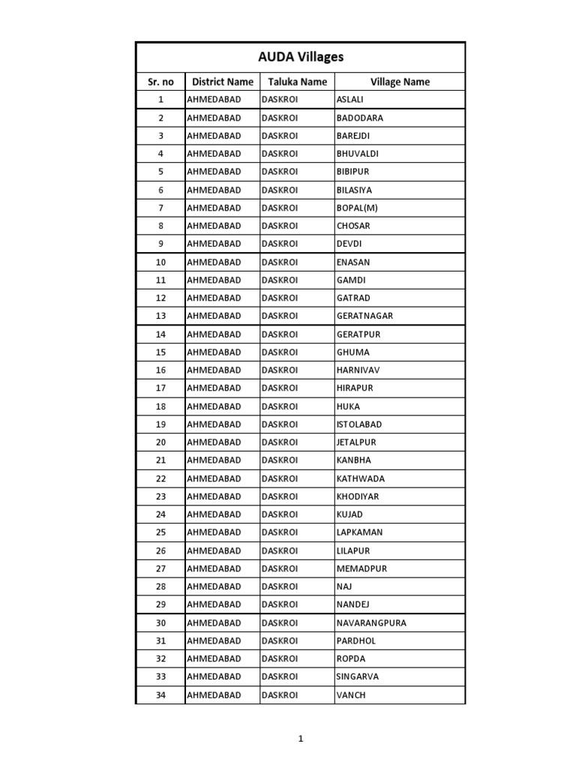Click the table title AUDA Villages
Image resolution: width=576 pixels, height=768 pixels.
300,57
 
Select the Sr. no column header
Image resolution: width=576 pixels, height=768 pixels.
160,82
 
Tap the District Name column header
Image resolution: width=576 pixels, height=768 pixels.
223,82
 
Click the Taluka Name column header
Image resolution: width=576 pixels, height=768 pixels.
298,82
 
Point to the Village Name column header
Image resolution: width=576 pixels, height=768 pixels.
400,82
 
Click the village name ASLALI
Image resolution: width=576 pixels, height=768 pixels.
350,99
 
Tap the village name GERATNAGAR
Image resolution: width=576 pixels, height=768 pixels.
364,316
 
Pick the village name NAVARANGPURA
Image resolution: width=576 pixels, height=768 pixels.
371,622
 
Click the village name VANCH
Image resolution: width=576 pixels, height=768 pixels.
351,695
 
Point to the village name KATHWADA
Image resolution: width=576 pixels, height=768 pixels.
361,478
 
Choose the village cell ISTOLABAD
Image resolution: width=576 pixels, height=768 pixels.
359,424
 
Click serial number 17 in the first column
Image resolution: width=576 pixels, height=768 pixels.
160,388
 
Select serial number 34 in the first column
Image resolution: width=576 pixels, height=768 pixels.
160,695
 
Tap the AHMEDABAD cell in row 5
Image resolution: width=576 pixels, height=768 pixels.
214,172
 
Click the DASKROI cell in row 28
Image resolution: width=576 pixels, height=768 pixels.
280,586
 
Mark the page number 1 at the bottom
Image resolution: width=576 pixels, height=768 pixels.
300,739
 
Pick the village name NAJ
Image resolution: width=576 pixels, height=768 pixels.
344,586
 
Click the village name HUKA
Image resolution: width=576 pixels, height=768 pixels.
348,406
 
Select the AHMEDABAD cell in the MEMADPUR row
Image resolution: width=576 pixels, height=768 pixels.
214,568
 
